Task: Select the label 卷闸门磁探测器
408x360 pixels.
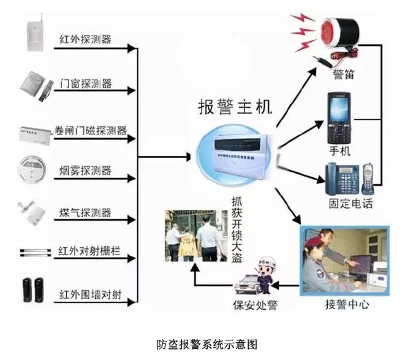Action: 91,130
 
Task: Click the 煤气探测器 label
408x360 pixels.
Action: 86,213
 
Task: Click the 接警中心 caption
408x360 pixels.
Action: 347,303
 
